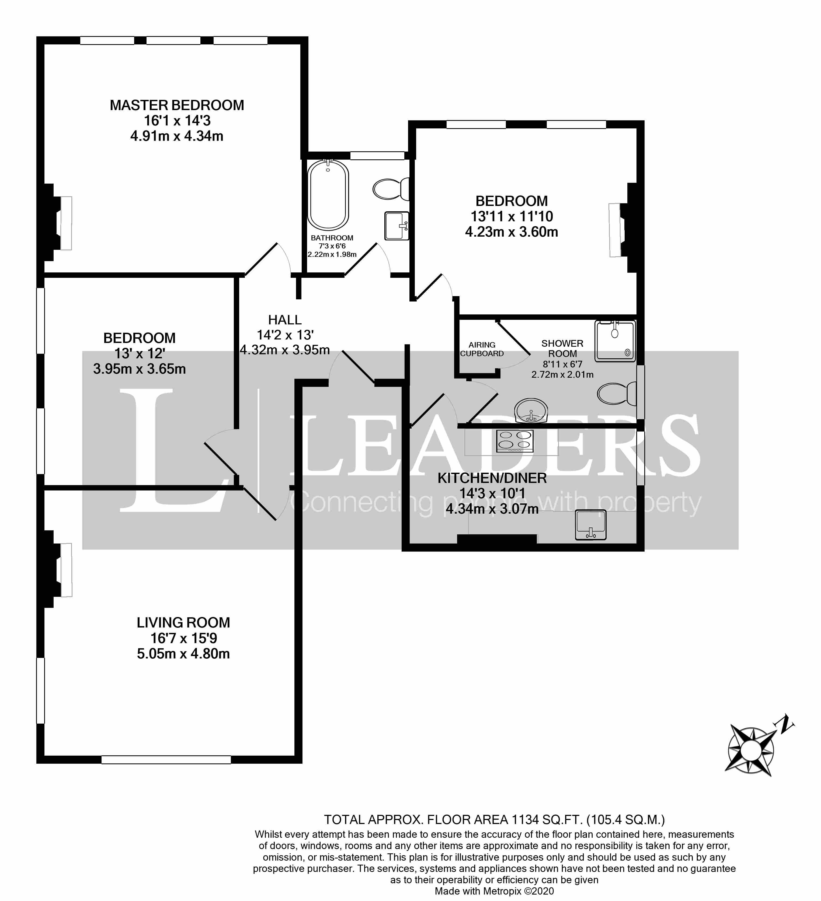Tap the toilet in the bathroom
[x=390, y=189]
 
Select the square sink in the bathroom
[x=396, y=226]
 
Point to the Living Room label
[x=183, y=623]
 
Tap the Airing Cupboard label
[x=482, y=349]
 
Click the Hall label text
[x=285, y=320]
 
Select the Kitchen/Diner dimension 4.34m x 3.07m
[x=492, y=509]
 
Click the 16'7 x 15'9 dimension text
[x=183, y=638]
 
